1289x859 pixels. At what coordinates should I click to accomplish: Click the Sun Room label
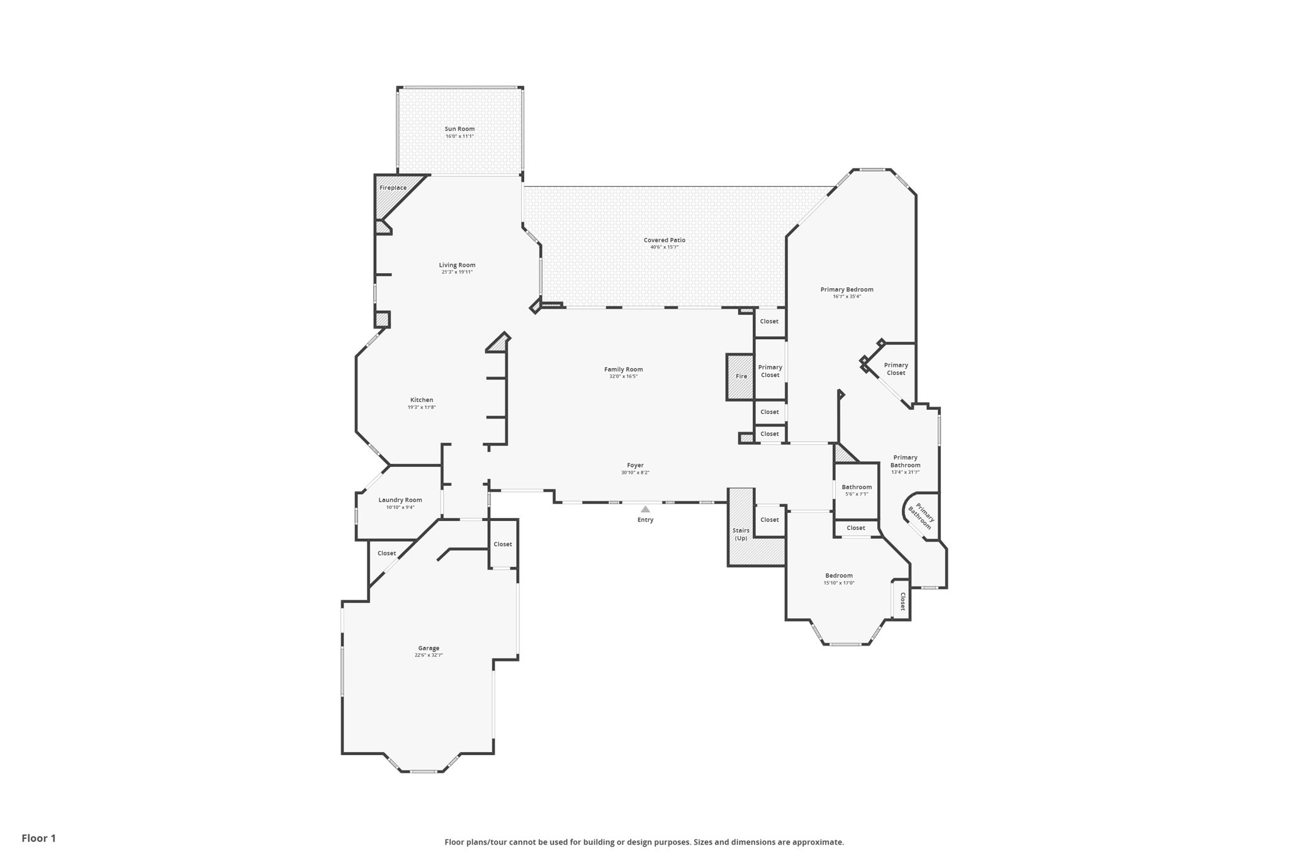point(459,129)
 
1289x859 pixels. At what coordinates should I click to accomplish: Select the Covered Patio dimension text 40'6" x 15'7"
point(664,247)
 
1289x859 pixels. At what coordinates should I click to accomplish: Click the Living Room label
point(457,265)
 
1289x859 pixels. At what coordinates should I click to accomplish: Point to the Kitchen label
point(421,400)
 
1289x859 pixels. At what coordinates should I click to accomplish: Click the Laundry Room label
point(400,500)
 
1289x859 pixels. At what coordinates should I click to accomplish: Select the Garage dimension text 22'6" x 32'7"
point(428,655)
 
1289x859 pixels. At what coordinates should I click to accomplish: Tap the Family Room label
point(623,369)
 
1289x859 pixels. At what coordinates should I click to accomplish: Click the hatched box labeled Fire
point(741,376)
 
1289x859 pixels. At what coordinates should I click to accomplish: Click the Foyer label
point(634,465)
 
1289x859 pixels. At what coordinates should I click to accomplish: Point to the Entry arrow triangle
point(645,509)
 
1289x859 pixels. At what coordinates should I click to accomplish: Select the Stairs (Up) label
point(741,534)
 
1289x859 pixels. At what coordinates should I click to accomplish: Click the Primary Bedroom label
point(847,289)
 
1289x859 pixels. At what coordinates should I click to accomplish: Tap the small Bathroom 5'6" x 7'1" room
point(856,490)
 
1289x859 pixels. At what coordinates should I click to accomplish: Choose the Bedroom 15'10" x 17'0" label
point(838,575)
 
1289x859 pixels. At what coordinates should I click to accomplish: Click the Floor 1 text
point(38,838)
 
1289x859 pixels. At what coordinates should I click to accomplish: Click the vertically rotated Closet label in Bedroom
point(902,601)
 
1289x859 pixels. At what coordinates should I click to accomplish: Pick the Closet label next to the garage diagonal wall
point(386,553)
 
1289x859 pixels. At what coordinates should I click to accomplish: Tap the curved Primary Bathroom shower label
point(921,516)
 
